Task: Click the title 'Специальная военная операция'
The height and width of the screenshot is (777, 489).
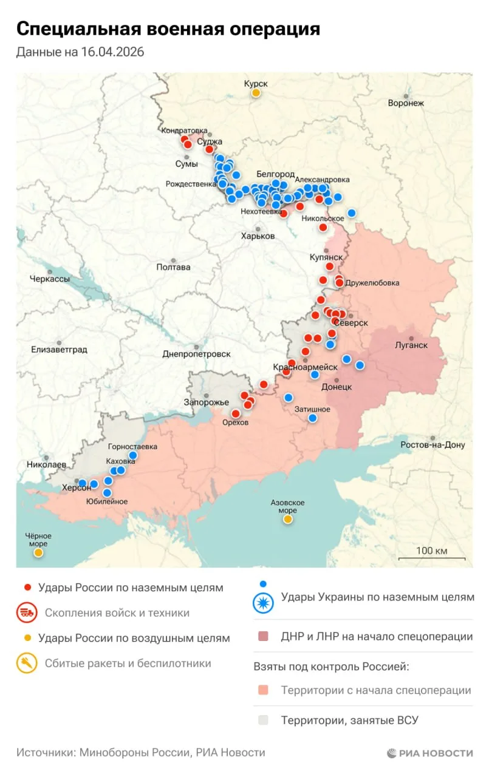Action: point(168,29)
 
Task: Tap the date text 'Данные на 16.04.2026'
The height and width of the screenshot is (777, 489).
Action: point(80,53)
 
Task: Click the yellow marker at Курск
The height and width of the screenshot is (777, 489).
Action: point(256,93)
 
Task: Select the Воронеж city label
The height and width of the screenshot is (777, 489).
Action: point(406,103)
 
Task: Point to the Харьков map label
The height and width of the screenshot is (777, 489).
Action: point(258,236)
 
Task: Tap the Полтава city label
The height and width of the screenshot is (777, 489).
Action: point(173,267)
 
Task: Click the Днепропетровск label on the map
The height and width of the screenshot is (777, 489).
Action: point(196,353)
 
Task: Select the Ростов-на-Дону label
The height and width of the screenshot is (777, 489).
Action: point(433,445)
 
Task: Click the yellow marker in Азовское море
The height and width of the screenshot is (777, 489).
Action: point(287,519)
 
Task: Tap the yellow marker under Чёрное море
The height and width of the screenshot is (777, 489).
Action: point(38,552)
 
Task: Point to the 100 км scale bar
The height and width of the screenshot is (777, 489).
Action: point(432,558)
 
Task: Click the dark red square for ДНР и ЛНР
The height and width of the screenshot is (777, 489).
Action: point(262,637)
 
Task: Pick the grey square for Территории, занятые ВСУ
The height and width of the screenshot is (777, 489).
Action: point(262,721)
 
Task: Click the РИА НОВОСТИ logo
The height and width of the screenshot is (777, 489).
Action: point(429,753)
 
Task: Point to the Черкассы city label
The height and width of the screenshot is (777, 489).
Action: point(50,279)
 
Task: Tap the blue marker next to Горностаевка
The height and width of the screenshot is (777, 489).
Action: point(132,455)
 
